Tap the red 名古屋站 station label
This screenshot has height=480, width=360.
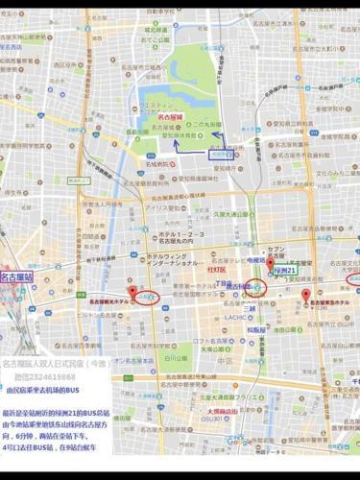coord(16,276)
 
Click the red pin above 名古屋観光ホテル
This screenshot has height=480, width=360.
coord(132,290)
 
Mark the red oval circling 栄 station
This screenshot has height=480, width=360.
coord(253,286)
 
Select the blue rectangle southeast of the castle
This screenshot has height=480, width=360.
coord(222,153)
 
